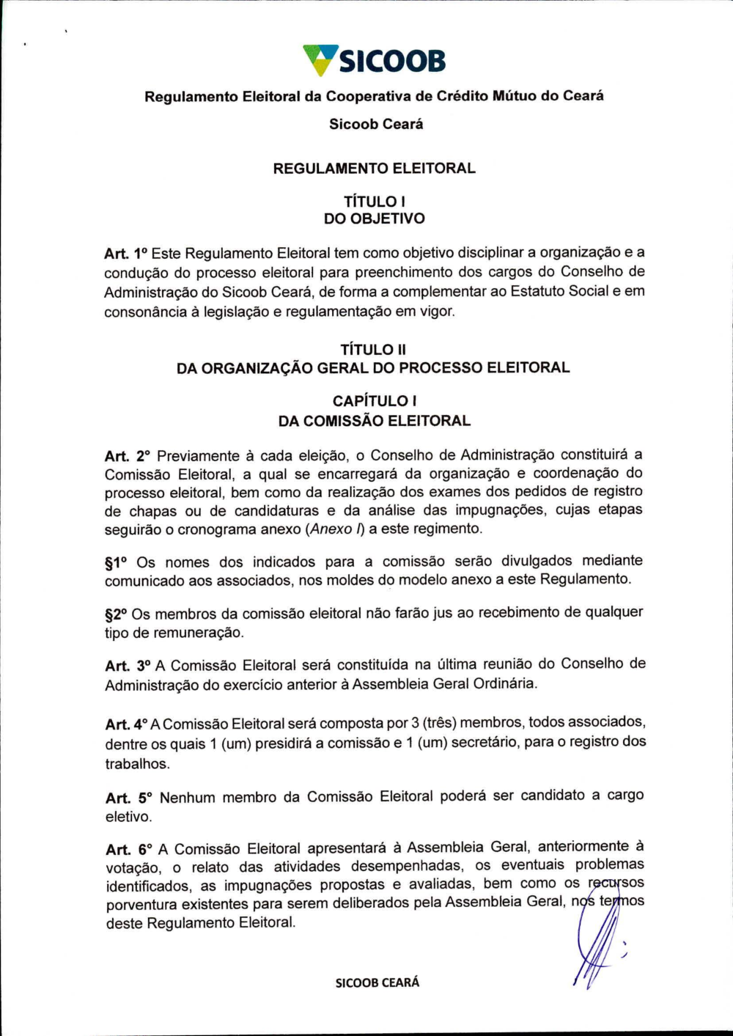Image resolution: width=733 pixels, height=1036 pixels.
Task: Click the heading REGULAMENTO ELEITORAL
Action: (374, 169)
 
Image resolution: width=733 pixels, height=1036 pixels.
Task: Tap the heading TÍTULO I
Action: (374, 201)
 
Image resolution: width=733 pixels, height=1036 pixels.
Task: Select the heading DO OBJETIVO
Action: (374, 218)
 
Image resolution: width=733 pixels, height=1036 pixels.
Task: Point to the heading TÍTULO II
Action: (373, 350)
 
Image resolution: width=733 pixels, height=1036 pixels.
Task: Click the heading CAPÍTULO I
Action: (374, 401)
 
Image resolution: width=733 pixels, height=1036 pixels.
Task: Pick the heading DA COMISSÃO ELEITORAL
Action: (374, 421)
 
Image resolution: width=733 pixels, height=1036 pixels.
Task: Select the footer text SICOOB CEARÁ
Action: (377, 982)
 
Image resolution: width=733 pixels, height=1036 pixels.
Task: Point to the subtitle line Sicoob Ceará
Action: (375, 124)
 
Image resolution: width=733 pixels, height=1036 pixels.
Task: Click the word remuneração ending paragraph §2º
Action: (196, 633)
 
